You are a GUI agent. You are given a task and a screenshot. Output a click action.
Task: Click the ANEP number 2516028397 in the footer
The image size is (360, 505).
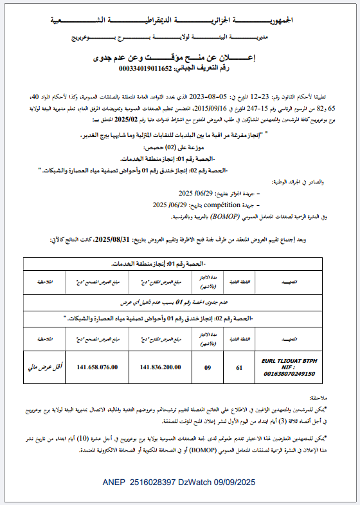pos(155,482)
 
